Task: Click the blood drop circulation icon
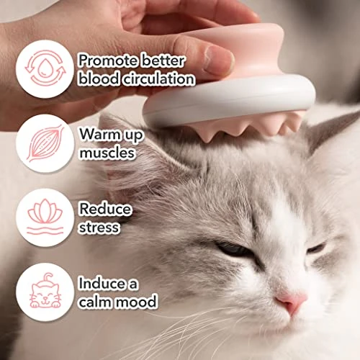coord(45,68)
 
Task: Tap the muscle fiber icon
coord(45,143)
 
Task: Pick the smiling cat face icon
coord(45,291)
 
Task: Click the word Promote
coord(108,61)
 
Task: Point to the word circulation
coord(159,78)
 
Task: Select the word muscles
coord(107,153)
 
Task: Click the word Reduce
coord(105,208)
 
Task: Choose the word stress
coord(99,227)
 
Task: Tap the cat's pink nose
coord(291,300)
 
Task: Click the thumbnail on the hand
coord(218,60)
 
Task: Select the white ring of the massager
coord(228,101)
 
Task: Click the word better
coord(163,60)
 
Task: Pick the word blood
coord(99,78)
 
